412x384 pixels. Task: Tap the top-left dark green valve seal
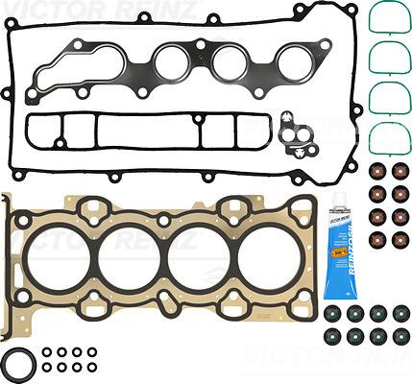click(x=332, y=313)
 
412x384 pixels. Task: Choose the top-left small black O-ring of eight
click(x=48, y=351)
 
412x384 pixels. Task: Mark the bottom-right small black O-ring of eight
click(x=91, y=367)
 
